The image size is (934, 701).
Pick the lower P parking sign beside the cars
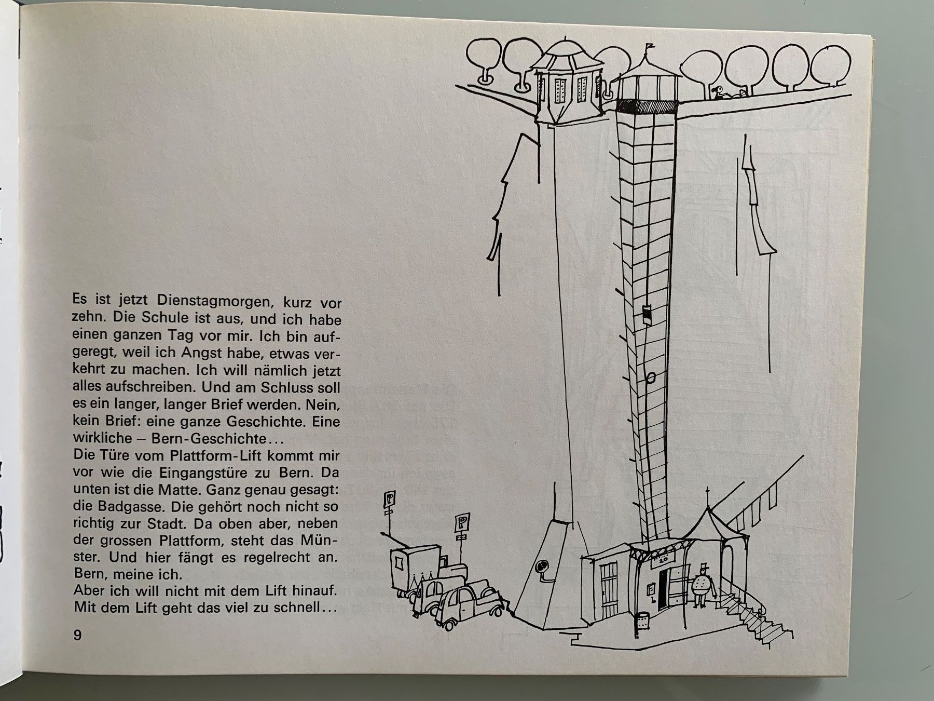point(460,523)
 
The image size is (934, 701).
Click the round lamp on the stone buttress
point(541,568)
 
